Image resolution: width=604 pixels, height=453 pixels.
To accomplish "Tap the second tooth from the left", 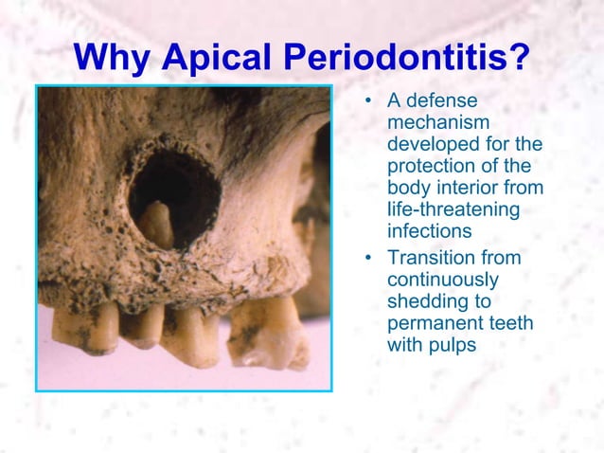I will coord(142,325).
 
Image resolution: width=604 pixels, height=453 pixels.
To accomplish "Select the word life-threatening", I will coord(453,208).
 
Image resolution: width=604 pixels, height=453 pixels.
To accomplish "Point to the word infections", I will coord(429,230).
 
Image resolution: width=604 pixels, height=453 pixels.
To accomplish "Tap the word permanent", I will coord(434,324).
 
